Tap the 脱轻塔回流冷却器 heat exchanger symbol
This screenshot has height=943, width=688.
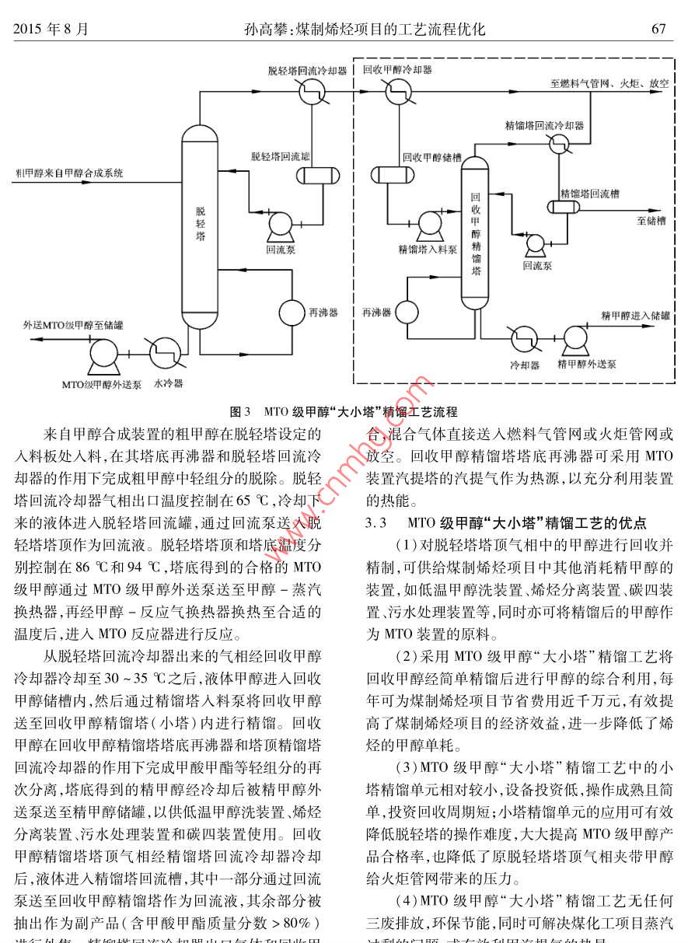[x=312, y=91]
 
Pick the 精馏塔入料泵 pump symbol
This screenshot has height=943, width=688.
[x=428, y=225]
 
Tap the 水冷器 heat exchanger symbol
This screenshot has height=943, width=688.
[x=163, y=351]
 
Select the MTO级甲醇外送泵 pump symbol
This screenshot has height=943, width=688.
[x=102, y=354]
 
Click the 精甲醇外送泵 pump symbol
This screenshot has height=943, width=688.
[x=576, y=338]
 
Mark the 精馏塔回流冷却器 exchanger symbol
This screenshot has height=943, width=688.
[x=558, y=144]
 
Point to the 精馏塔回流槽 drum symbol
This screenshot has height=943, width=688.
[x=567, y=207]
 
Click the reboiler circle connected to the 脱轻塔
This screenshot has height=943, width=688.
[x=293, y=313]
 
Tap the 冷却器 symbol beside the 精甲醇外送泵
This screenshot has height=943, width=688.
[x=524, y=338]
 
